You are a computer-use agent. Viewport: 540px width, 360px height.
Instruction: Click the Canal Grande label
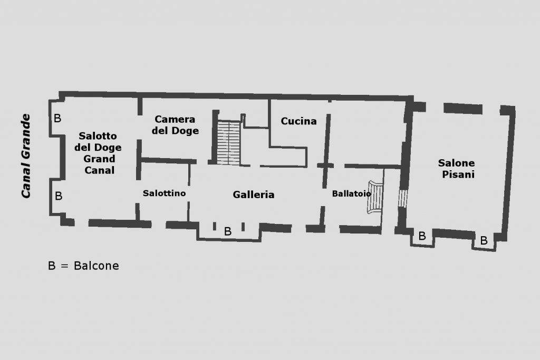(26, 156)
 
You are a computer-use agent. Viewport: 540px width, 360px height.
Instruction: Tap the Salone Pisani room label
(457, 169)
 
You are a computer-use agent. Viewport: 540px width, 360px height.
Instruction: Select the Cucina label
(298, 121)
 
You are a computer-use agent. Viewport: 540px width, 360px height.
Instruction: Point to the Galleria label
(254, 195)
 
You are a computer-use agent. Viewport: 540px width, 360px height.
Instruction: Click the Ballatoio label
(351, 193)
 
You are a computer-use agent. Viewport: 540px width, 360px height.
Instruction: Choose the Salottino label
(165, 193)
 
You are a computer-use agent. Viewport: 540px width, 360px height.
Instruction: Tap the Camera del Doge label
(175, 125)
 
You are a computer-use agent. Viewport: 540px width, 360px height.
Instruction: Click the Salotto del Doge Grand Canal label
(98, 153)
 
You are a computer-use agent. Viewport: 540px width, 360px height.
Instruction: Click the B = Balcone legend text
(84, 266)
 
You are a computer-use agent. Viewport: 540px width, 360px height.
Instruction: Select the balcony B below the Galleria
(228, 231)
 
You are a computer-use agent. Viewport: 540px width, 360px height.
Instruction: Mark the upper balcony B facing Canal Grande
(57, 119)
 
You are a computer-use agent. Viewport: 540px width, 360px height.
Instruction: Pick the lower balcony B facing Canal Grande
(59, 196)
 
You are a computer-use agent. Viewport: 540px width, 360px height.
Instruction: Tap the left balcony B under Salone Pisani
(422, 236)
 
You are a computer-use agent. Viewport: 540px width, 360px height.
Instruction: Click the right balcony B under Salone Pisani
(484, 240)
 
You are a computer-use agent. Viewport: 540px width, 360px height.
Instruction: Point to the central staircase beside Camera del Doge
(229, 142)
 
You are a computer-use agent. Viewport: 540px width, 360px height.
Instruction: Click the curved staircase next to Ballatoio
(375, 197)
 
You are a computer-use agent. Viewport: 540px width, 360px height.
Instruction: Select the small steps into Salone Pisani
(402, 198)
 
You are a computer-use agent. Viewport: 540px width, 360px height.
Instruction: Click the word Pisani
(458, 174)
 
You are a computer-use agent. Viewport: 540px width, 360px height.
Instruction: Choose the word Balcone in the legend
(97, 266)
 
